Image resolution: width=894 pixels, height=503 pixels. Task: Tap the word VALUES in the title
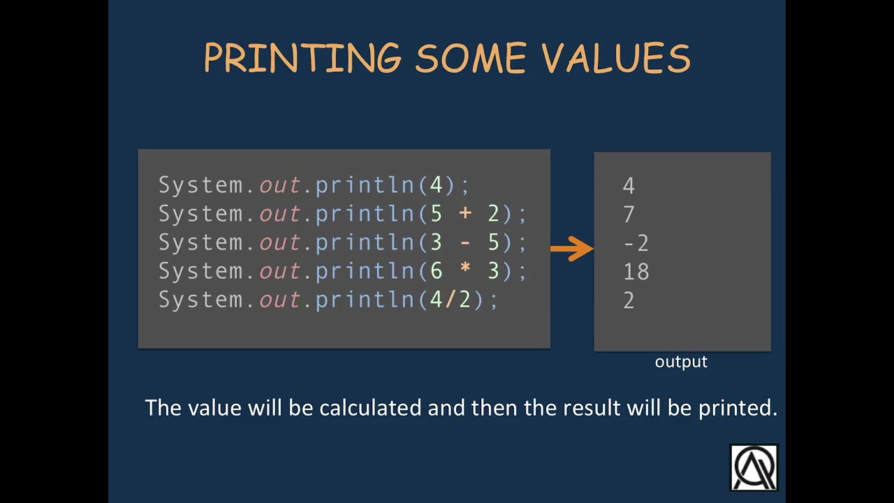click(616, 58)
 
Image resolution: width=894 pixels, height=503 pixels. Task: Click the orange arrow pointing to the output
click(571, 248)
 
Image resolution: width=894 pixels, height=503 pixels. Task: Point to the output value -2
click(636, 243)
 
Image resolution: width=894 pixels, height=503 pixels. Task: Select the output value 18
click(636, 272)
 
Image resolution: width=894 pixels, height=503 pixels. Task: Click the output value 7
click(629, 214)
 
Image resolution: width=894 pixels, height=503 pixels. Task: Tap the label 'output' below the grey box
click(681, 362)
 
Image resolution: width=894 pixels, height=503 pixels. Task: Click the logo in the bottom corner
click(754, 467)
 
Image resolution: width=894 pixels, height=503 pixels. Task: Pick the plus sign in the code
click(464, 214)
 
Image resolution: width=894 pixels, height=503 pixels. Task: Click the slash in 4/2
click(450, 300)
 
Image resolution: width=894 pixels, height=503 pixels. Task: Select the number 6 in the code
click(437, 271)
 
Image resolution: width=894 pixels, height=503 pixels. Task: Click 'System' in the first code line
click(200, 185)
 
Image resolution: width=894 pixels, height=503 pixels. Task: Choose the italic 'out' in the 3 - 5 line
click(279, 242)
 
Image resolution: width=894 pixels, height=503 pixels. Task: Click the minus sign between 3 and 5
click(464, 242)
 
